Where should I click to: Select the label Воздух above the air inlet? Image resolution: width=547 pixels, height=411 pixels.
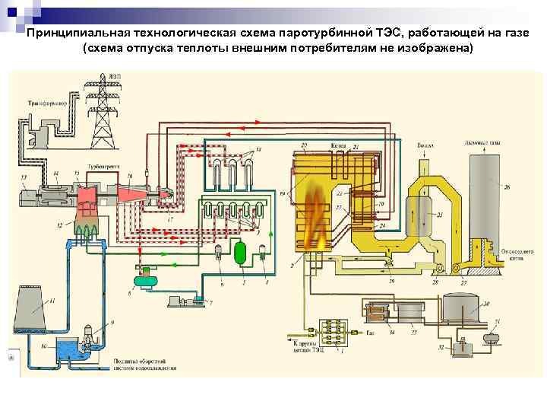pyautogui.click(x=426, y=144)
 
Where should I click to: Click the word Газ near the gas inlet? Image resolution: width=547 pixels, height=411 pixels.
pyautogui.click(x=370, y=333)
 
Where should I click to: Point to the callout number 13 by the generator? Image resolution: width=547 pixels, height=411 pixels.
pyautogui.click(x=24, y=177)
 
